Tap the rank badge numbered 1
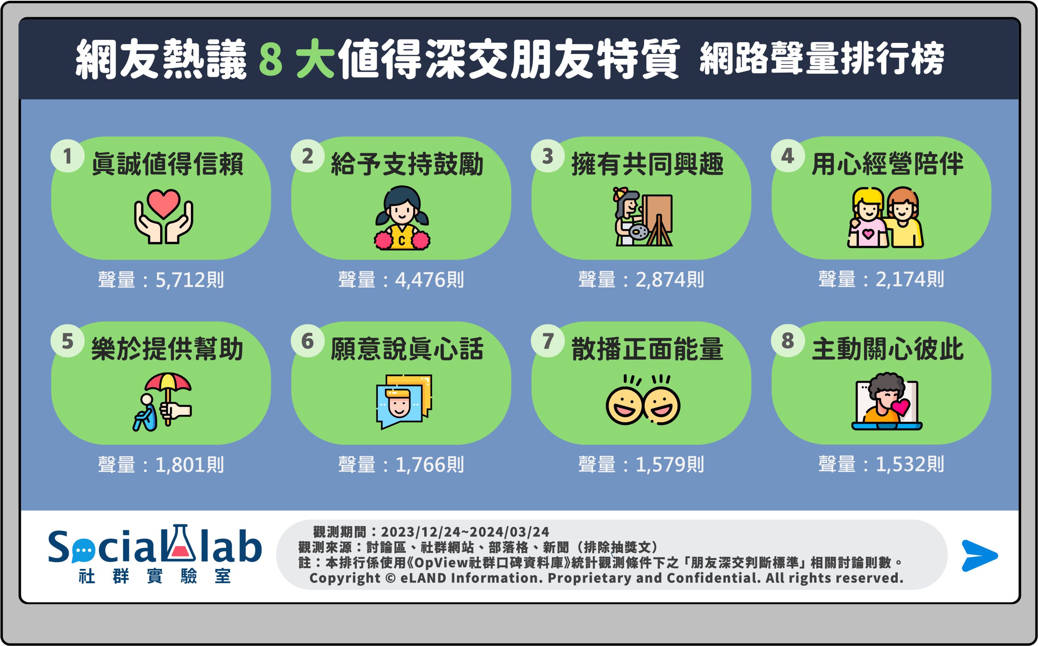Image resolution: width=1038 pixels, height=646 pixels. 67,156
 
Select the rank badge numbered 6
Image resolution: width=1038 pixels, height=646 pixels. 307,341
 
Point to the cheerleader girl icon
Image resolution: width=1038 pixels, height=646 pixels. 402,218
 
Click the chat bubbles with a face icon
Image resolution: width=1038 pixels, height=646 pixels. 403,401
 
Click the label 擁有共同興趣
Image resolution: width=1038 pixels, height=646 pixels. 647,164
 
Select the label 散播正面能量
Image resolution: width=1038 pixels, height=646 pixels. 647,349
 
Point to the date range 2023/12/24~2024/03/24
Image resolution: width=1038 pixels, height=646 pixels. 465,532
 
